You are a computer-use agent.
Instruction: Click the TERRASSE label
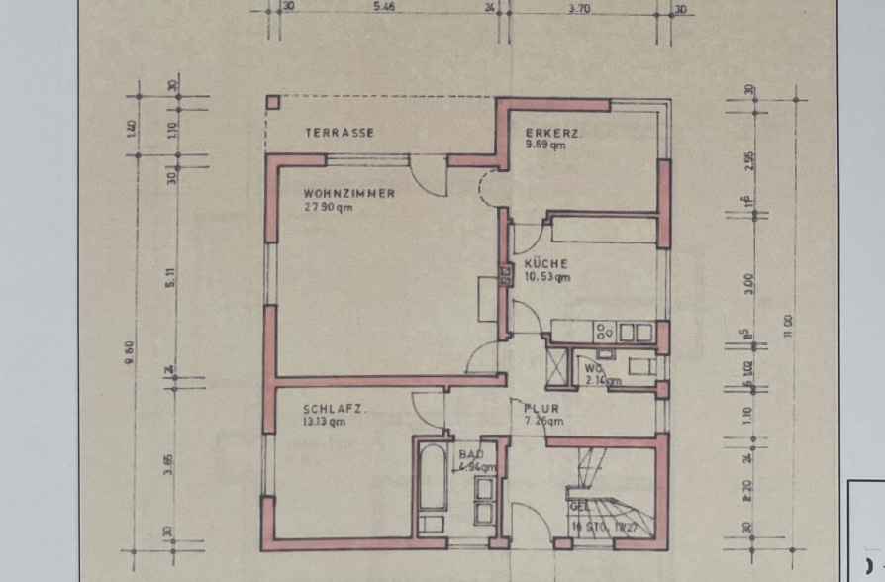[339, 132]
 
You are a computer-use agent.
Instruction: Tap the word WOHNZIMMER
[348, 193]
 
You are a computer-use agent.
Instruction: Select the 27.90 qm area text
[330, 208]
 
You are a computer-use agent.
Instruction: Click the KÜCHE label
[545, 263]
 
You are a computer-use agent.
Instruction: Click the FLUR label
[541, 407]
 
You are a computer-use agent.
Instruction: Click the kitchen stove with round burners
[603, 332]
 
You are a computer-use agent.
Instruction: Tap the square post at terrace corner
[272, 102]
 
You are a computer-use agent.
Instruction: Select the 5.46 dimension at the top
[384, 6]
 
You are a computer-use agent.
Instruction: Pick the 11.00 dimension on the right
[787, 324]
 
